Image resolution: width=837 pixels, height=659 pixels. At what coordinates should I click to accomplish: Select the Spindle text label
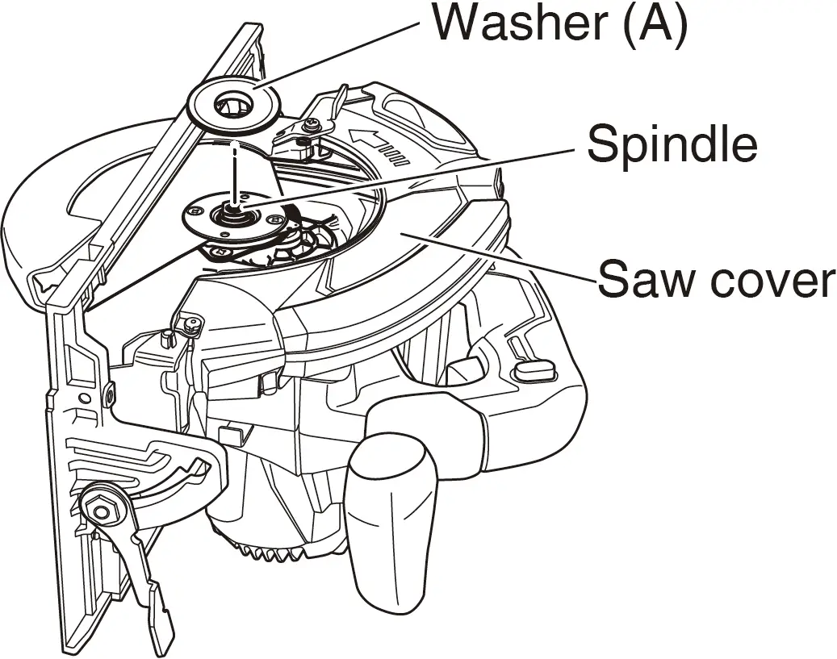pyautogui.click(x=672, y=144)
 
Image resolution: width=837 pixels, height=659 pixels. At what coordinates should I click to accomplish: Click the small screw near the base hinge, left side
pyautogui.click(x=191, y=325)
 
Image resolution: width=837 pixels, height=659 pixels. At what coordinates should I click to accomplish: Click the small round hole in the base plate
pyautogui.click(x=84, y=398)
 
